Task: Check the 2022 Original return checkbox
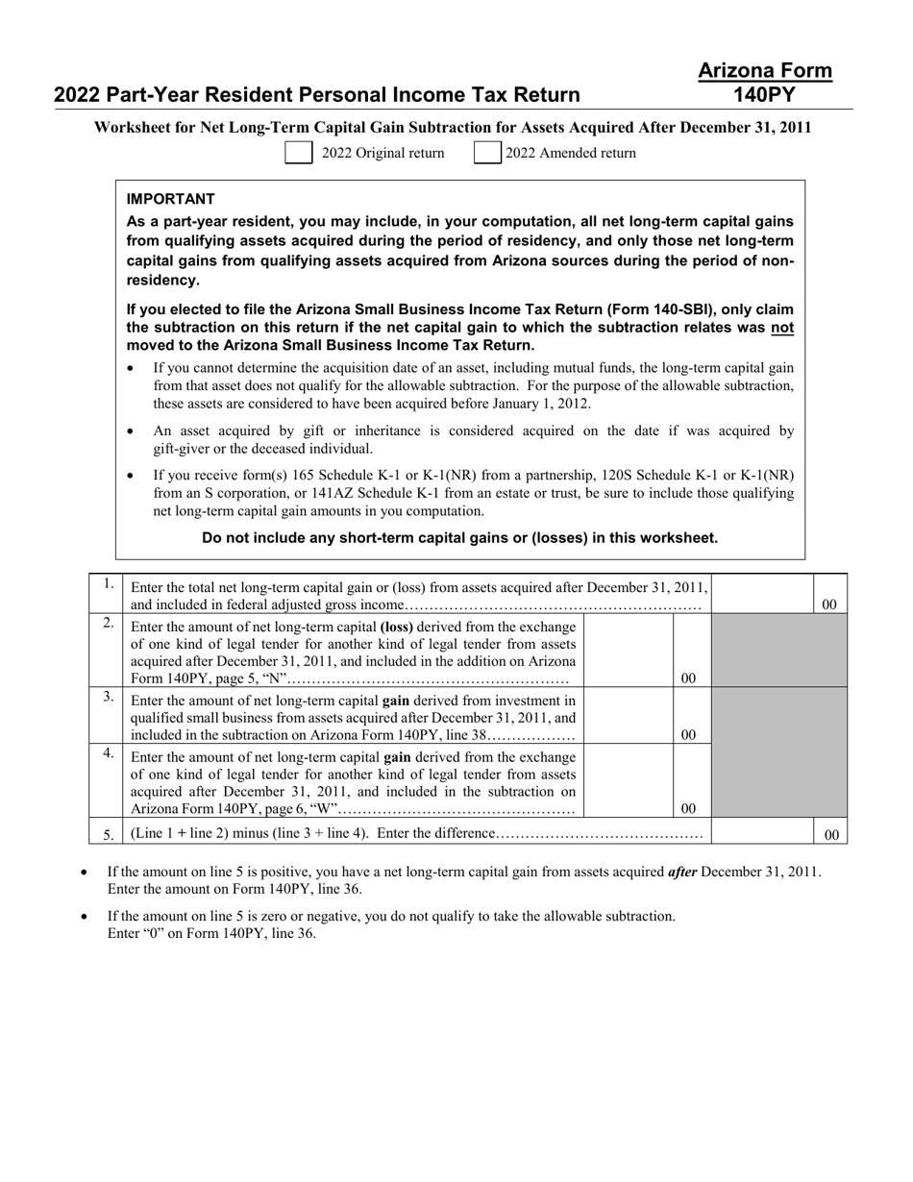pyautogui.click(x=299, y=153)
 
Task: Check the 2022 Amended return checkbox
pyautogui.click(x=487, y=153)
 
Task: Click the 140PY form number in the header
pyautogui.click(x=764, y=94)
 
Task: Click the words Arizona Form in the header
pyautogui.click(x=764, y=71)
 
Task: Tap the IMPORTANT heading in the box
pyautogui.click(x=171, y=199)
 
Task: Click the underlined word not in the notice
pyautogui.click(x=782, y=328)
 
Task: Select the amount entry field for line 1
pyautogui.click(x=762, y=593)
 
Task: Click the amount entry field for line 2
pyautogui.click(x=628, y=650)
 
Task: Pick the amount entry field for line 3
pyautogui.click(x=628, y=715)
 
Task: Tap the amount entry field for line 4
pyautogui.click(x=628, y=779)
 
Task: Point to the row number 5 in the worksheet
pyautogui.click(x=108, y=834)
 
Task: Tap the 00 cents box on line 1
pyautogui.click(x=829, y=604)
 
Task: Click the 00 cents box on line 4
pyautogui.click(x=688, y=809)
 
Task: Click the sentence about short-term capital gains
pyautogui.click(x=459, y=538)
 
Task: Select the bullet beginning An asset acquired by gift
pyautogui.click(x=473, y=439)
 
